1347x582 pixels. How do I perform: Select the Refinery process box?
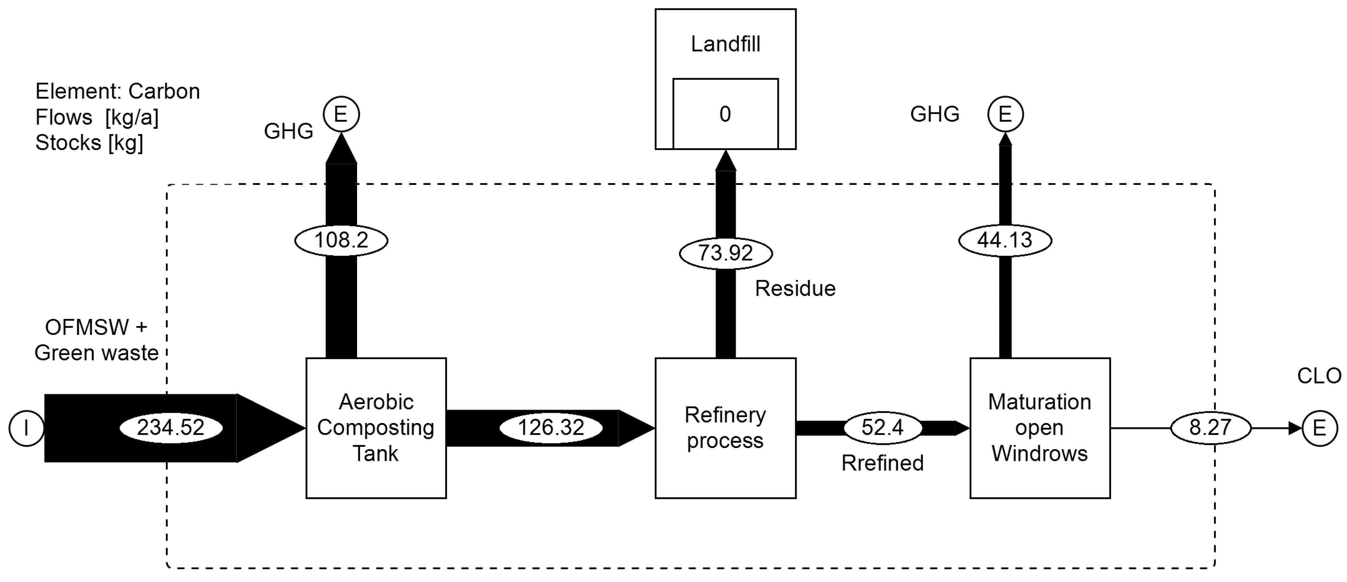pyautogui.click(x=725, y=428)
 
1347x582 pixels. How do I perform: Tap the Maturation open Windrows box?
pyautogui.click(x=1040, y=428)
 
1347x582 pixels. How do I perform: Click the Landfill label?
pyautogui.click(x=725, y=44)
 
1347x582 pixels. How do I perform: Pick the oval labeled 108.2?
pyautogui.click(x=341, y=240)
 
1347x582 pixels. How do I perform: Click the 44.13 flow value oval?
pyautogui.click(x=1005, y=240)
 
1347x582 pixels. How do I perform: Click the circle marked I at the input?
pyautogui.click(x=26, y=428)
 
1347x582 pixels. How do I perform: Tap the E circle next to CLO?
pyautogui.click(x=1319, y=428)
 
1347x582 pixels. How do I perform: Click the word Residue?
pyautogui.click(x=795, y=288)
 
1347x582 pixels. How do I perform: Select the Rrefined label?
pyautogui.click(x=882, y=463)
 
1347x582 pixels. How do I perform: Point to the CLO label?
pyautogui.click(x=1319, y=375)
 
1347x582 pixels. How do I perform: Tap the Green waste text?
pyautogui.click(x=96, y=353)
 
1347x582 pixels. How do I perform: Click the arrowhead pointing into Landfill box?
pyautogui.click(x=725, y=161)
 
